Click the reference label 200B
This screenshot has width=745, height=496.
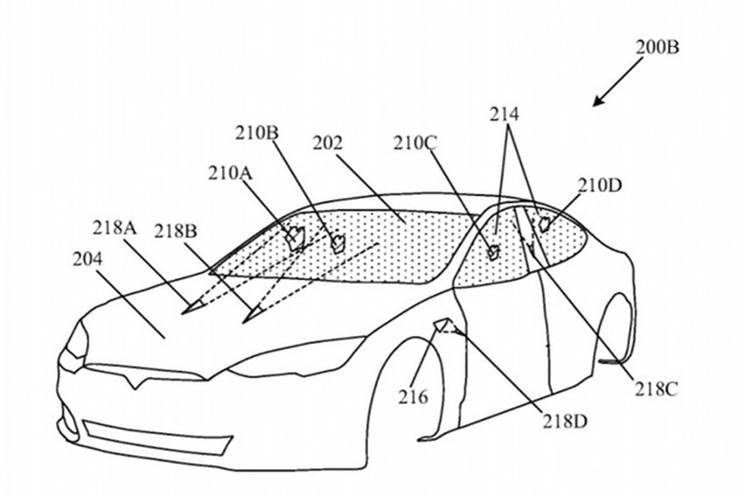[657, 48]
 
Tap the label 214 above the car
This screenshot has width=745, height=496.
[504, 114]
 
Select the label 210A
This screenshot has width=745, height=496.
[230, 173]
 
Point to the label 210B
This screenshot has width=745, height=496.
[257, 133]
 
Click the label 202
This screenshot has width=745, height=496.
[327, 143]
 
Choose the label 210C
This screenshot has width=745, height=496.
[415, 143]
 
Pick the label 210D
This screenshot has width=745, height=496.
[600, 186]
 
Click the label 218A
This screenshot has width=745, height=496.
[114, 228]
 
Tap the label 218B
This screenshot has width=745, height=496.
[176, 232]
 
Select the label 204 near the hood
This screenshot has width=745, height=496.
[87, 260]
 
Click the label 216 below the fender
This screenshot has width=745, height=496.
[413, 396]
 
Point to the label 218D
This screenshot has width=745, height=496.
[566, 421]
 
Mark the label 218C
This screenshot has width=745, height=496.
[656, 389]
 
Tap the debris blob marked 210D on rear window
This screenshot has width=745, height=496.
[544, 223]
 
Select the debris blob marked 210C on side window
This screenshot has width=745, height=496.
[494, 253]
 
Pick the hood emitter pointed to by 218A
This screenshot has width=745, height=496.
[191, 308]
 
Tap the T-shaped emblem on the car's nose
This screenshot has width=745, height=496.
[135, 380]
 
